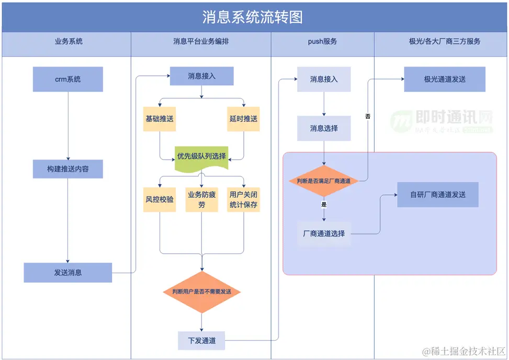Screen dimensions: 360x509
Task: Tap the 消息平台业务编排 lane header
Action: [x=201, y=41]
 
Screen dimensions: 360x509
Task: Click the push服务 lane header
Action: [x=322, y=41]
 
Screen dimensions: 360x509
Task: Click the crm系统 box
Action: [x=68, y=80]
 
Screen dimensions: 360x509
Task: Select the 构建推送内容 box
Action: [x=68, y=169]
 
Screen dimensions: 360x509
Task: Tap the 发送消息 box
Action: [x=68, y=273]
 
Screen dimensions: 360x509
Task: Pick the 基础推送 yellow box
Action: [x=160, y=119]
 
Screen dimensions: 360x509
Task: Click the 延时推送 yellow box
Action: [x=243, y=119]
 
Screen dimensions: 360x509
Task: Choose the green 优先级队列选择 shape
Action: [x=201, y=156]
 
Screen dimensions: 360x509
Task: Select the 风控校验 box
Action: [x=160, y=199]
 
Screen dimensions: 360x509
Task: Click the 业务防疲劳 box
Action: [x=201, y=199]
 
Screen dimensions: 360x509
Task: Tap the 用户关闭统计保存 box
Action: [x=243, y=199]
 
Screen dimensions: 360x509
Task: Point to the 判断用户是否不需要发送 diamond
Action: [x=201, y=291]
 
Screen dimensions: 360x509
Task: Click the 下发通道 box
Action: [x=201, y=341]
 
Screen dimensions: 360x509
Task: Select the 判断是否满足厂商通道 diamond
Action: [x=324, y=181]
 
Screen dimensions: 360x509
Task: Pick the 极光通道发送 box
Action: [x=445, y=80]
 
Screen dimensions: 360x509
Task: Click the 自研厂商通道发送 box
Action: [x=438, y=195]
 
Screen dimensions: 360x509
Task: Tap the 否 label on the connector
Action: [x=368, y=116]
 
